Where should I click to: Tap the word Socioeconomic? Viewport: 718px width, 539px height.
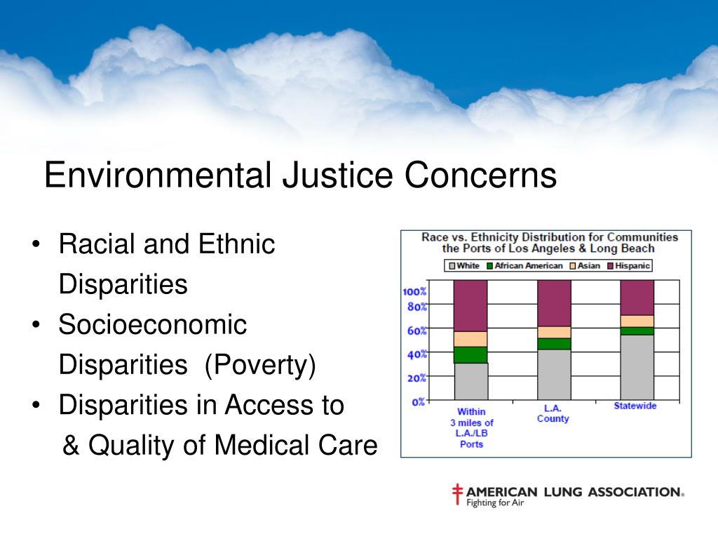pos(153,325)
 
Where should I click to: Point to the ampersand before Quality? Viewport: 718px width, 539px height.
pos(71,445)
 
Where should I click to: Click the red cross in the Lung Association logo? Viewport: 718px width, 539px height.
pos(458,494)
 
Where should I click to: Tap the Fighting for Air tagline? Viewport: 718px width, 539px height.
pos(495,503)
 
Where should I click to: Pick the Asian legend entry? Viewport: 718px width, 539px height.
pos(585,266)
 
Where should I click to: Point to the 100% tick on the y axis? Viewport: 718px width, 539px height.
pos(414,291)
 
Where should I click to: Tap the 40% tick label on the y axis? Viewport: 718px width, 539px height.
pos(416,354)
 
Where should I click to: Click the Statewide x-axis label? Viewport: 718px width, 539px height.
pos(635,406)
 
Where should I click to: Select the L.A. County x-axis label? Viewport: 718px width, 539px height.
pos(553,413)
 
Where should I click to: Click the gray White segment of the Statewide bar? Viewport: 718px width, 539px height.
pos(637,367)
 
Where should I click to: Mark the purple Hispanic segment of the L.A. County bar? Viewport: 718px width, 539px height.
pos(554,302)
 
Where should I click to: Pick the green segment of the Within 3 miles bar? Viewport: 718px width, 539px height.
pos(471,355)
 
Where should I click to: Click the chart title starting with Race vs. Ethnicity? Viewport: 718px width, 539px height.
pos(549,242)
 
